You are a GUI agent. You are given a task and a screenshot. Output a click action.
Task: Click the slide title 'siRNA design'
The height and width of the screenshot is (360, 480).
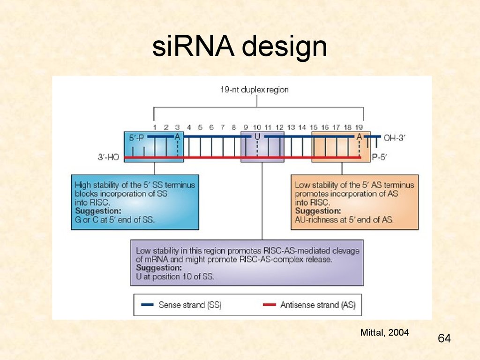(x=240, y=46)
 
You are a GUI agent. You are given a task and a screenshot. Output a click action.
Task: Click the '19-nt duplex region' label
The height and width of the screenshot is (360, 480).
(x=255, y=90)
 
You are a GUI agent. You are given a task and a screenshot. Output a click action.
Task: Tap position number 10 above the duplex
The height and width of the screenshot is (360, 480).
(x=257, y=127)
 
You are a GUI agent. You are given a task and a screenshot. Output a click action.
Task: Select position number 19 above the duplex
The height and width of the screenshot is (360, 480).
(x=359, y=127)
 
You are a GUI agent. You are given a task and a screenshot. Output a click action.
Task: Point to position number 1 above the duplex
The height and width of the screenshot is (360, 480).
(x=155, y=127)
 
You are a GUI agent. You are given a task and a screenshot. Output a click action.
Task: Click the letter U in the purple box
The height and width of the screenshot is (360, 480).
(x=257, y=137)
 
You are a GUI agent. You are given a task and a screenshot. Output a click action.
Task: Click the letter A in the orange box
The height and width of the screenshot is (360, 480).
(x=359, y=137)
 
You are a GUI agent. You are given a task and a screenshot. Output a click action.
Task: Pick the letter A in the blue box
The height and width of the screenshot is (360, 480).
(x=177, y=137)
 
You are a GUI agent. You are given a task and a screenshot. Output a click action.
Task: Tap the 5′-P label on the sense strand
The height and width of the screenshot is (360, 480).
(x=136, y=138)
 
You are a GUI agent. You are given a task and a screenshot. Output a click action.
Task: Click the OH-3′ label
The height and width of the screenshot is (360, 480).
(x=394, y=138)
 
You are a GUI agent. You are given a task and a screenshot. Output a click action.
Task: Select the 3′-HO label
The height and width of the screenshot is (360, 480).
(x=108, y=157)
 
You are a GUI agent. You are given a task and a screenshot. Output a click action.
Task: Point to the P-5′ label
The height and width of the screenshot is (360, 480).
(x=379, y=157)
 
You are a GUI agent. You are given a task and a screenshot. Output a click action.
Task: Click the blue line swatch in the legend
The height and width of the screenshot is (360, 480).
(x=147, y=305)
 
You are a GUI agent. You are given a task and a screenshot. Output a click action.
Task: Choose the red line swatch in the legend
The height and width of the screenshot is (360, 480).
(x=270, y=305)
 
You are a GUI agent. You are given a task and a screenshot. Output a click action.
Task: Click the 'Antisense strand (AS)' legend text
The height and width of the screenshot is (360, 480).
(x=318, y=305)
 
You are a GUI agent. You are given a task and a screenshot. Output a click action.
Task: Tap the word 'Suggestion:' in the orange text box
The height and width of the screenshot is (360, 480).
(x=318, y=211)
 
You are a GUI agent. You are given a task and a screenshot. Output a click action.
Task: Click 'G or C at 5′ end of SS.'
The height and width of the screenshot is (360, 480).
(x=115, y=220)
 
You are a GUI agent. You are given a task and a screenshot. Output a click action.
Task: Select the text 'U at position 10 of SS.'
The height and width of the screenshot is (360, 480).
(x=175, y=277)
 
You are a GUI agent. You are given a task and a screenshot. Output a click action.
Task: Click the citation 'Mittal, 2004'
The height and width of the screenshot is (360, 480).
(x=384, y=332)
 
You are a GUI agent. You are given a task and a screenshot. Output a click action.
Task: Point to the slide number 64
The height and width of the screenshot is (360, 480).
(x=444, y=338)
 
